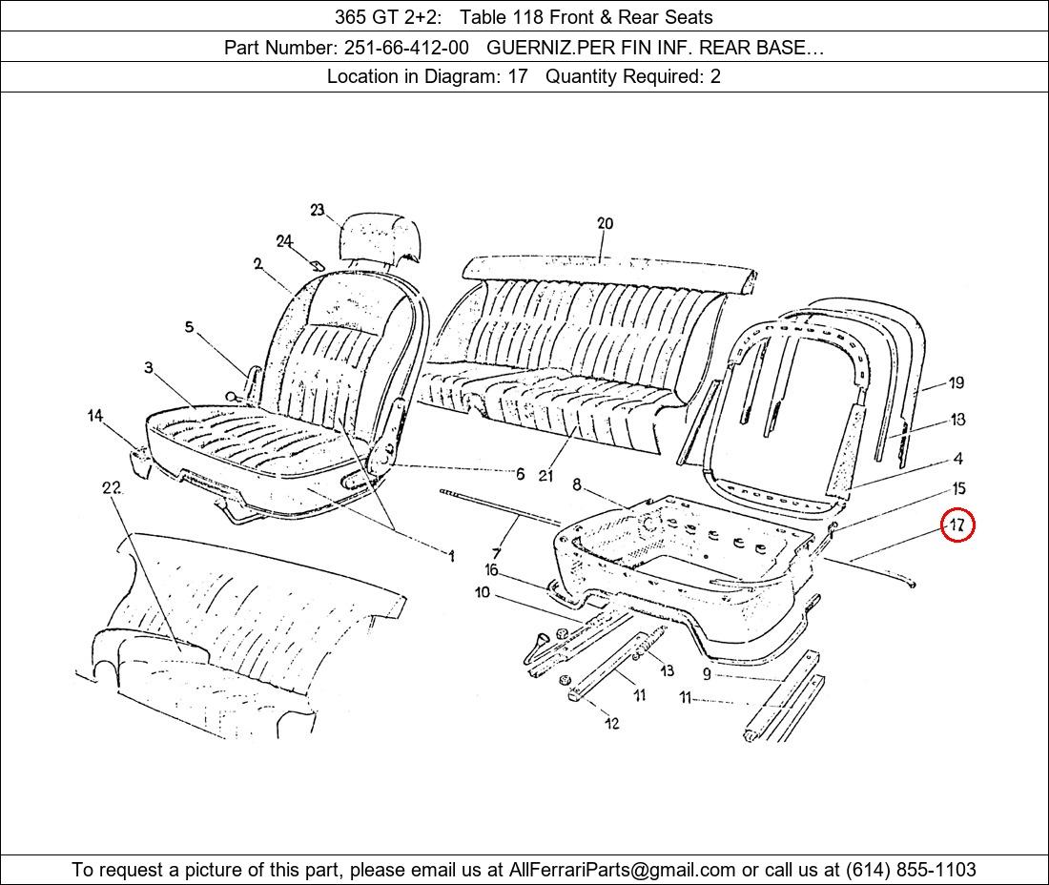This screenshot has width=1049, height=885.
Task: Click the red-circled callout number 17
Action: click(x=957, y=525)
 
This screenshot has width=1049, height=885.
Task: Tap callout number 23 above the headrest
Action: click(x=318, y=210)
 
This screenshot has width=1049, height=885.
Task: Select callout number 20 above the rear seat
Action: click(x=605, y=223)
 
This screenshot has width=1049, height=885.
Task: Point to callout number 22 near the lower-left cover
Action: click(x=112, y=487)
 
